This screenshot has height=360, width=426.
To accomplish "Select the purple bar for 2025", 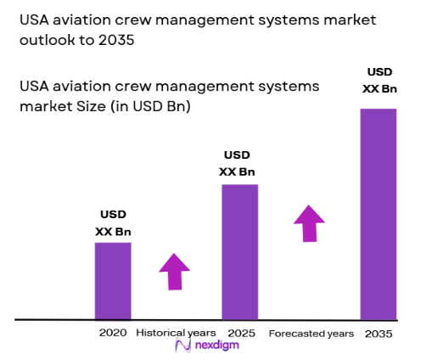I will pyautogui.click(x=240, y=250).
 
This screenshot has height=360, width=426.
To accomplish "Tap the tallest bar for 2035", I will pyautogui.click(x=378, y=212).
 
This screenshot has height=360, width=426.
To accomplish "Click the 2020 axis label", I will pyautogui.click(x=112, y=333).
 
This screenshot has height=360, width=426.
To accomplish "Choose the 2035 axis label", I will pyautogui.click(x=378, y=334).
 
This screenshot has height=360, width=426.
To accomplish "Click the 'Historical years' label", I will pyautogui.click(x=176, y=333).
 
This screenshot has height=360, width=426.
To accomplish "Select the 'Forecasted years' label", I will pyautogui.click(x=311, y=334).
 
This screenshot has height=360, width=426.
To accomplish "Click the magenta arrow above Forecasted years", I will pyautogui.click(x=310, y=223).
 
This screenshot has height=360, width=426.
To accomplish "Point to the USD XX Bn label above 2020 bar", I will pyautogui.click(x=113, y=223).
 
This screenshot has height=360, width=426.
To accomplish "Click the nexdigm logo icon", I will pyautogui.click(x=181, y=347).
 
